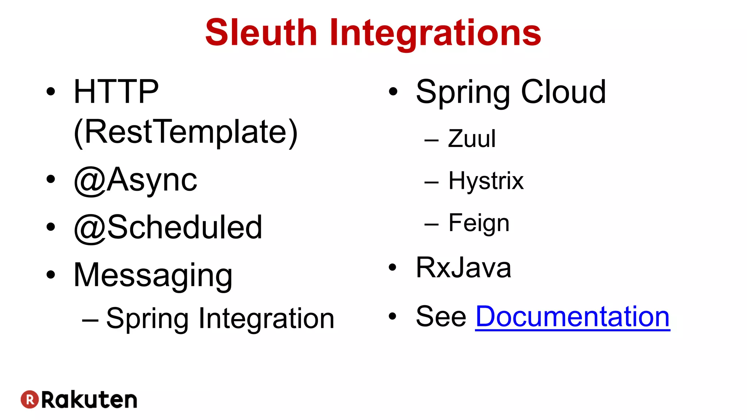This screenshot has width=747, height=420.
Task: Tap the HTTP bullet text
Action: (x=116, y=92)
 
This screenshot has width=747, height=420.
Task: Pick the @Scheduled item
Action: (x=168, y=227)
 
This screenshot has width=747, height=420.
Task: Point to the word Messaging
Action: (x=153, y=276)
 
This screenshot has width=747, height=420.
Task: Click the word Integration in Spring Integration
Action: (x=266, y=319)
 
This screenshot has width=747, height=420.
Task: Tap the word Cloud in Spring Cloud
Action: (x=563, y=92)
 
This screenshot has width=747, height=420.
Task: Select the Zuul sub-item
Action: (x=472, y=139)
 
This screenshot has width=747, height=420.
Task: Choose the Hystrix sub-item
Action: (x=486, y=181)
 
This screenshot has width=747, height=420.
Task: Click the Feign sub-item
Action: (x=479, y=223)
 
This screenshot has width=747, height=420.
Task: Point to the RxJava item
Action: (x=463, y=268)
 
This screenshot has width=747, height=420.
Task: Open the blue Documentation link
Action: (x=573, y=316)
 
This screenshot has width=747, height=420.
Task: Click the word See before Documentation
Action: (x=441, y=316)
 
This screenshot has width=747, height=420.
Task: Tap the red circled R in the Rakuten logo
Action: (x=30, y=400)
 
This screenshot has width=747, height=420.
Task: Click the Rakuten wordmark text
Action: (x=89, y=400)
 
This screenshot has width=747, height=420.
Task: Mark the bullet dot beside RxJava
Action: (x=392, y=268)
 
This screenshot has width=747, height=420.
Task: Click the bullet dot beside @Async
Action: (x=51, y=179)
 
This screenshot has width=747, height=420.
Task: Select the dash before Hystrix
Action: (x=431, y=182)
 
